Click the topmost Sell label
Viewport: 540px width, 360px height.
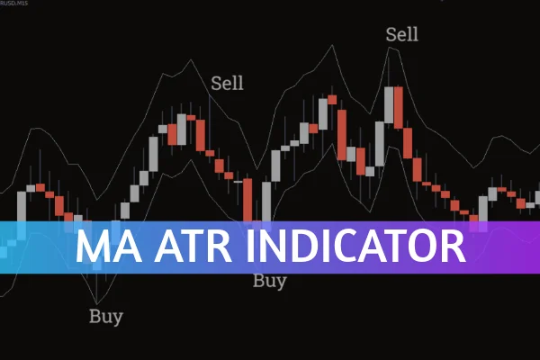point(402,35)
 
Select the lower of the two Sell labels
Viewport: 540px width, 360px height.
point(228,84)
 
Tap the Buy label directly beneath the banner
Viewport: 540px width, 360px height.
point(269,281)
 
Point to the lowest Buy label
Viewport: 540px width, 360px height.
point(106,316)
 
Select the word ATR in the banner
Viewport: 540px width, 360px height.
point(187,246)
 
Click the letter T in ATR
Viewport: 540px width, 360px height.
point(187,246)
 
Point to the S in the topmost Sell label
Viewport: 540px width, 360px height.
point(391,35)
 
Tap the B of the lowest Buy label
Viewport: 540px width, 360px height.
point(94,316)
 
